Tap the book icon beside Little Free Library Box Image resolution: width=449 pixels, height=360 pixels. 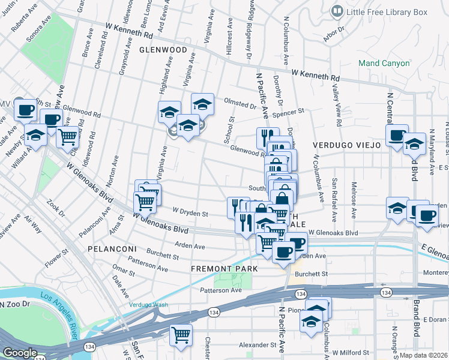[x=338, y=11]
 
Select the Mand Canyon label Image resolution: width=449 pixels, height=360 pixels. [x=384, y=63]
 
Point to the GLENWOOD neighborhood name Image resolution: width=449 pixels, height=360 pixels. [x=160, y=50]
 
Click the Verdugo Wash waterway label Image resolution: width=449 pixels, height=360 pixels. [x=148, y=304]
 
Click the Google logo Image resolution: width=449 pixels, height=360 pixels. [x=20, y=353]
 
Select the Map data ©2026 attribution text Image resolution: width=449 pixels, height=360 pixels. [x=423, y=355]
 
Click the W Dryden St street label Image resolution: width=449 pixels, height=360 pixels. [x=190, y=212]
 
